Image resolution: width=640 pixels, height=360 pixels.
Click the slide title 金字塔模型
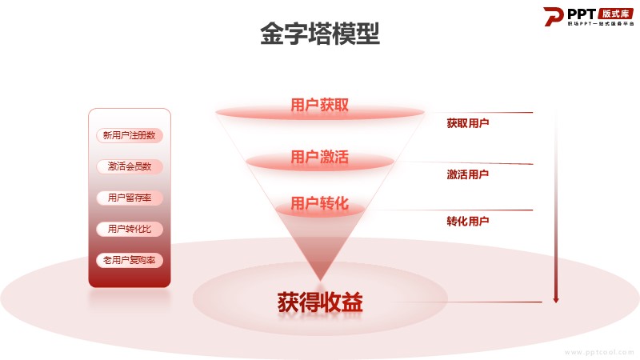coord(320,34)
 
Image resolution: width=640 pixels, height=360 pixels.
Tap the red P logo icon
coord(553,17)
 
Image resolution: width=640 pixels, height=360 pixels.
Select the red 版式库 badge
coord(615,14)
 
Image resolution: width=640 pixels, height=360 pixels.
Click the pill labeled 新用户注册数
coord(130,135)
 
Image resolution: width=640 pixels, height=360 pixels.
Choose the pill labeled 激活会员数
coord(130,166)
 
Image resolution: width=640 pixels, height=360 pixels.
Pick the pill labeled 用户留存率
coord(130,198)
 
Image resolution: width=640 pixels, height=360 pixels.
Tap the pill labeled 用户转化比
coord(130,229)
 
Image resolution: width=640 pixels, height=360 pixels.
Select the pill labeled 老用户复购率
coord(130,261)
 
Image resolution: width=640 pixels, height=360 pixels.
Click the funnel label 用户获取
coord(319,105)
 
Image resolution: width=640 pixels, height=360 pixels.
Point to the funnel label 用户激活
coord(319,157)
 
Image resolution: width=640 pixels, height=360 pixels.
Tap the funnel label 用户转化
coord(319,203)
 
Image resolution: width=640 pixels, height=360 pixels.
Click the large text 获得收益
coord(320,302)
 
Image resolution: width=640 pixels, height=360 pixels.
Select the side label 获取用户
coord(468,123)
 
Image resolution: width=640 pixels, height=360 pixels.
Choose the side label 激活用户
coord(468,174)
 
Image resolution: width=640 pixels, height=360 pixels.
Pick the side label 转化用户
coord(468,222)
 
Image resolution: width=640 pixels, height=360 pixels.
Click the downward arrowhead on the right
coord(555,299)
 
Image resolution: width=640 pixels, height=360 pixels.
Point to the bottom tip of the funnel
coord(320,281)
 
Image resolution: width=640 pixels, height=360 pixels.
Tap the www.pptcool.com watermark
coord(598,352)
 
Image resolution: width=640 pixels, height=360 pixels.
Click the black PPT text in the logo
coord(582,14)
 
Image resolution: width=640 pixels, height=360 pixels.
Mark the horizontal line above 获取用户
coord(478,112)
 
